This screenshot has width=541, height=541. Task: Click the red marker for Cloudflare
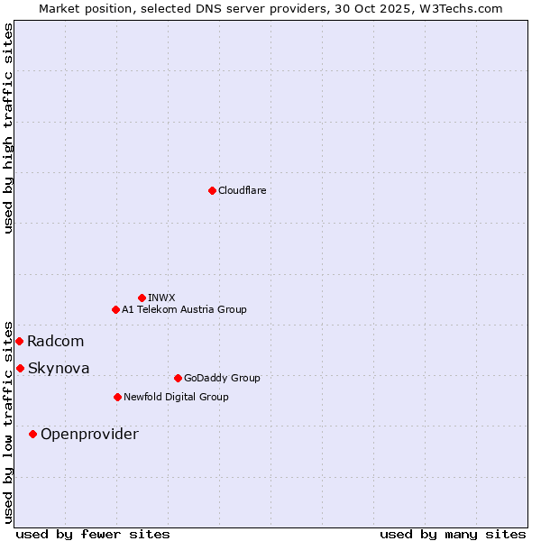click(x=212, y=190)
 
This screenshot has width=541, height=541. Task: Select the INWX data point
click(x=142, y=298)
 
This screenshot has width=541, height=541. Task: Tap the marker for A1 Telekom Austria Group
click(x=115, y=309)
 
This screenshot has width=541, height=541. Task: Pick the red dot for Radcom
click(x=19, y=341)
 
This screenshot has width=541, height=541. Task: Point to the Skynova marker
click(x=20, y=368)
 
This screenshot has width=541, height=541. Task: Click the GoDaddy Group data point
click(x=178, y=378)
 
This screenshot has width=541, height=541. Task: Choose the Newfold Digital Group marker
click(x=117, y=397)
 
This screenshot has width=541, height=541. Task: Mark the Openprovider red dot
click(x=32, y=434)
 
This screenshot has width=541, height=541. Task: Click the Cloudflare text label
click(x=242, y=190)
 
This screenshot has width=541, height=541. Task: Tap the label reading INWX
click(x=161, y=298)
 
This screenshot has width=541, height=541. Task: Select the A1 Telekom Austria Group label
click(x=184, y=309)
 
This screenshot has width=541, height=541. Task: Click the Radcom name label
click(x=55, y=341)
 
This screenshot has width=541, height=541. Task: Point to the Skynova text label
click(x=59, y=368)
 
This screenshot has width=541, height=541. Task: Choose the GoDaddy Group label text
click(x=222, y=378)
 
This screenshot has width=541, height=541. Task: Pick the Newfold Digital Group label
click(x=176, y=397)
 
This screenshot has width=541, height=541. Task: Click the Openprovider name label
click(x=89, y=434)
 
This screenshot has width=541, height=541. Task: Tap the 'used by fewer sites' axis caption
click(x=93, y=534)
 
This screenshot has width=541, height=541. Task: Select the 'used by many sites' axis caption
click(x=453, y=534)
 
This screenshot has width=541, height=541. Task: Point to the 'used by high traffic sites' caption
click(x=8, y=128)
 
